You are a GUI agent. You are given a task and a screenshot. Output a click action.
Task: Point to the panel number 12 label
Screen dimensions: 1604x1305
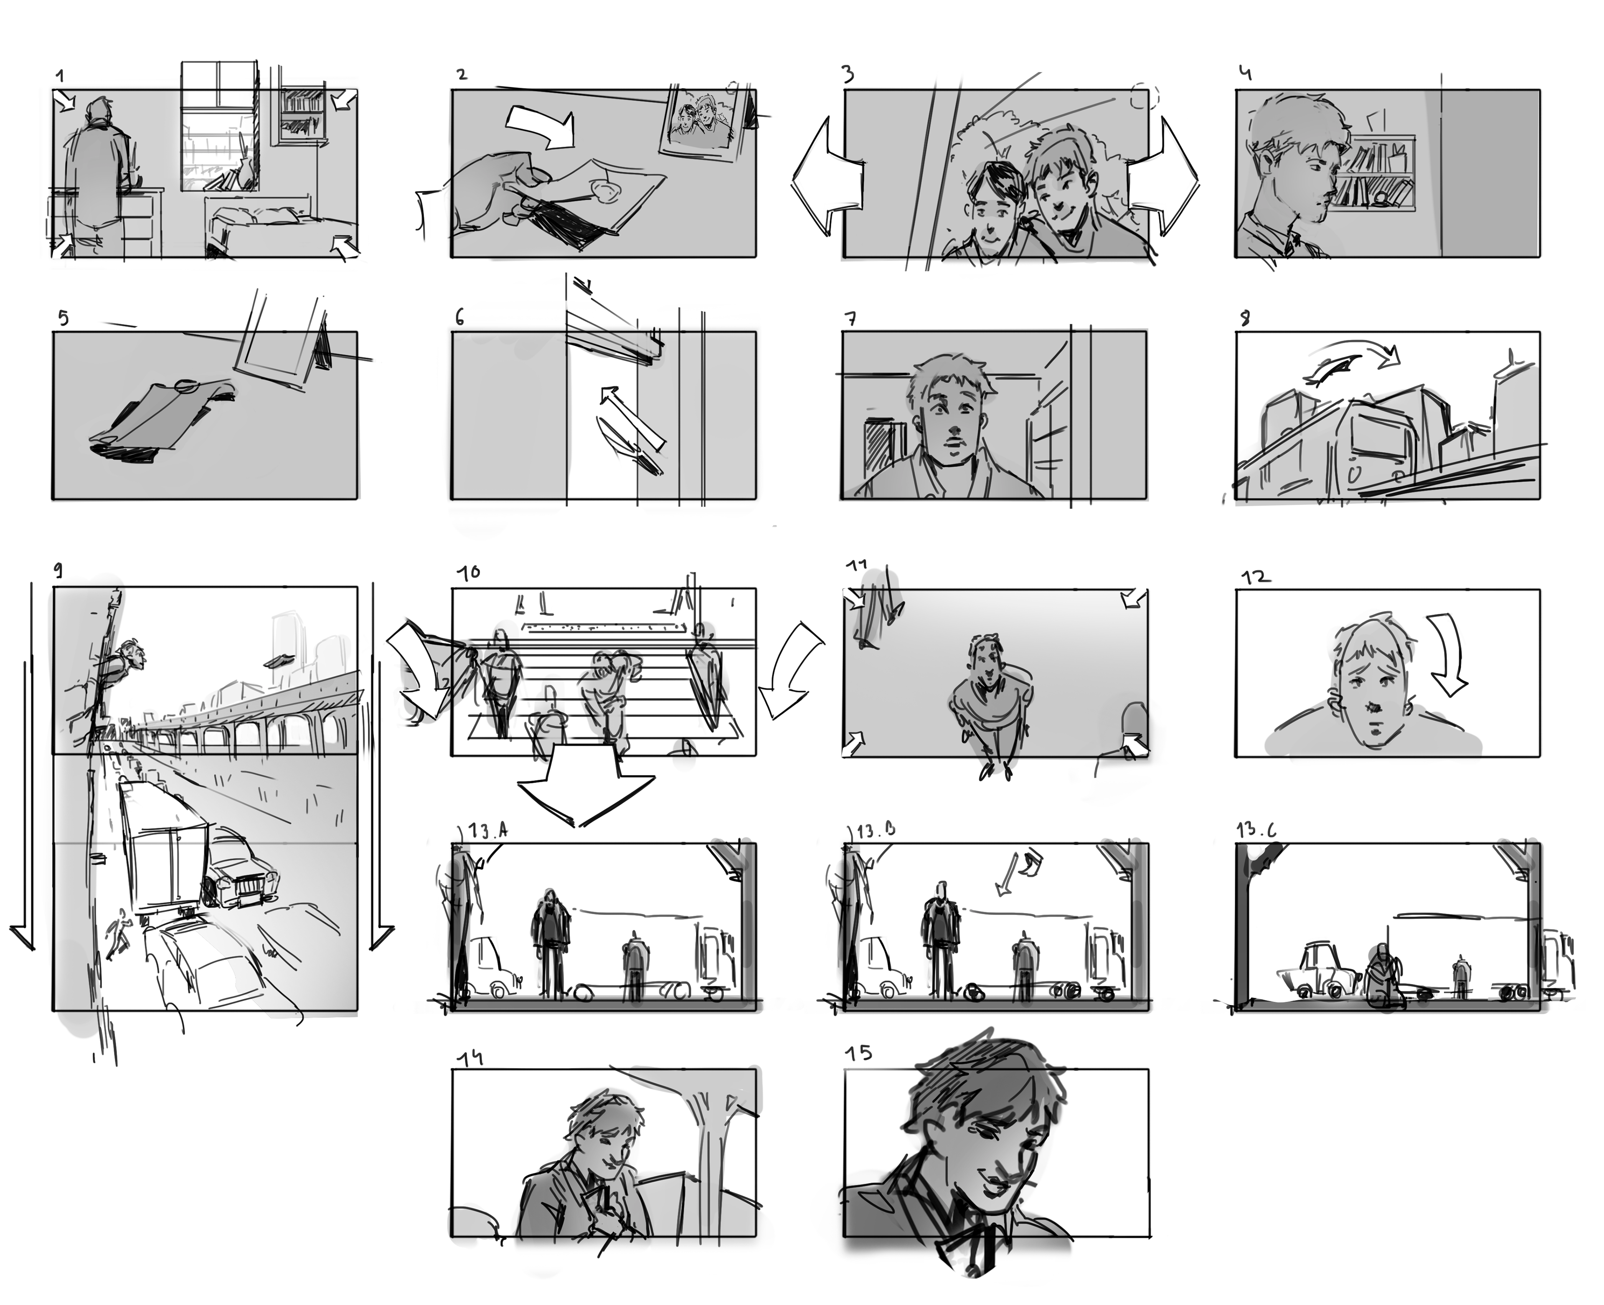coord(1255,577)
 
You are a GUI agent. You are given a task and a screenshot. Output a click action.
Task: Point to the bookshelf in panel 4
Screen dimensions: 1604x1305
coord(1375,173)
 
